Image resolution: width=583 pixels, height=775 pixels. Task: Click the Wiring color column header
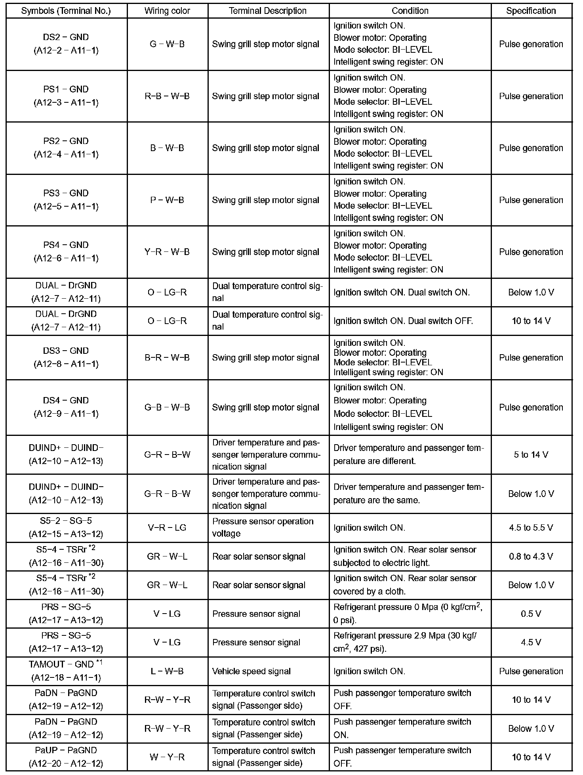coord(167,11)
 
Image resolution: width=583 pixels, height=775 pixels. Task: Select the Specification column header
coord(531,11)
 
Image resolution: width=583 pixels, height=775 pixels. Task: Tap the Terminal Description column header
coord(268,11)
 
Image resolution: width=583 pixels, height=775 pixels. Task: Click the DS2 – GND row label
coord(66,44)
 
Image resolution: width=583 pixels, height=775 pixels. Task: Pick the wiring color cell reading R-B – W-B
coord(167,96)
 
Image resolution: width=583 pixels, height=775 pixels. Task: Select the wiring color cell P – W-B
coord(167,200)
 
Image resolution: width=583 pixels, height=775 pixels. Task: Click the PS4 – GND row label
coord(66,251)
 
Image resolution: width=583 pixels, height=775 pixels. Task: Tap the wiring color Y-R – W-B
coord(167,252)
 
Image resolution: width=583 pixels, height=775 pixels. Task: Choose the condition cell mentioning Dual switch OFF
coord(403,321)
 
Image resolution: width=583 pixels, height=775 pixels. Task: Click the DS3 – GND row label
coord(66,357)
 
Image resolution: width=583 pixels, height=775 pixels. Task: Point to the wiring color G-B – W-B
coord(167,407)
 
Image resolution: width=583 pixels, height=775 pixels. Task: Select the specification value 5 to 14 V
coord(531,455)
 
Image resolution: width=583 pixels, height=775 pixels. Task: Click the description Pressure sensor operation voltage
coord(263,528)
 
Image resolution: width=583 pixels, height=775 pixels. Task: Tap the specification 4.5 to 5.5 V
coord(531,528)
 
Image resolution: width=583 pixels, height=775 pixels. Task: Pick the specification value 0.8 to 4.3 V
coord(531,556)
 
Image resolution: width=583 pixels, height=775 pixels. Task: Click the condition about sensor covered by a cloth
coord(404,585)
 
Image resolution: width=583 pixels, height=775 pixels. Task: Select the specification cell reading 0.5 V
coord(531,614)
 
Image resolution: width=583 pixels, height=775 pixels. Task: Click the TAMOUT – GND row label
coord(66,671)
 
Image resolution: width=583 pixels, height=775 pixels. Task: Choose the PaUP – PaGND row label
coord(66,757)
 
